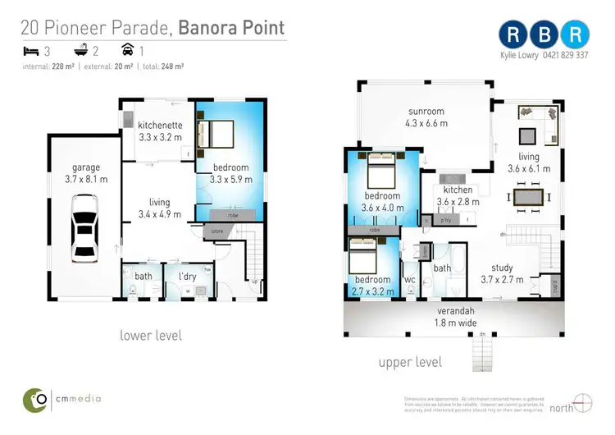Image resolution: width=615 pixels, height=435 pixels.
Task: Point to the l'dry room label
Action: click(x=187, y=277)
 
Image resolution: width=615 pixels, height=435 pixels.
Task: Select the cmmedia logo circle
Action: click(x=34, y=400)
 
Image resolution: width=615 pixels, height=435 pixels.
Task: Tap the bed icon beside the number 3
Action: click(x=30, y=51)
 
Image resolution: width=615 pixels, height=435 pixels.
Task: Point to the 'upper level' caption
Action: click(x=410, y=362)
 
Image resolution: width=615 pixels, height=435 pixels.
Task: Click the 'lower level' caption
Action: click(x=151, y=335)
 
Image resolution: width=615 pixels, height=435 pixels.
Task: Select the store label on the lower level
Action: click(x=216, y=231)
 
